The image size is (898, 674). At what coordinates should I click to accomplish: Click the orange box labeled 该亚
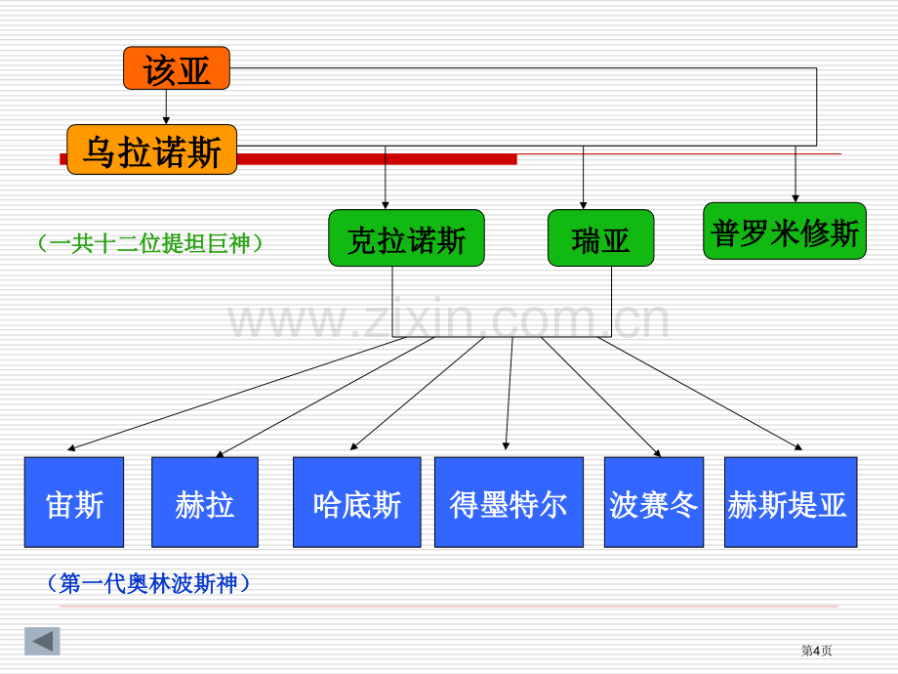pos(177,68)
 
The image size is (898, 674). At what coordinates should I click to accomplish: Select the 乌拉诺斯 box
pos(151,149)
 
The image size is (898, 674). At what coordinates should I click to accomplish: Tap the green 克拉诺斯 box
pos(407,237)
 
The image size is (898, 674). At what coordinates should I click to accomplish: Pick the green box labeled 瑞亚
pos(600,237)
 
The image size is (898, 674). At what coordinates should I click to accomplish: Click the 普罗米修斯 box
pos(785,231)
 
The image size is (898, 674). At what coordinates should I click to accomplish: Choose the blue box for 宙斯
pos(74,502)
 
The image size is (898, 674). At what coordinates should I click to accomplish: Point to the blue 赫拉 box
pos(205,502)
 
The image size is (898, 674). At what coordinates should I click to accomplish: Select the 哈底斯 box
pos(357,502)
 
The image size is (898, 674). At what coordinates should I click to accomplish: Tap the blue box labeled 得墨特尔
pos(510,502)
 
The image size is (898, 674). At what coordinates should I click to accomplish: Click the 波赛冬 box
pos(654,502)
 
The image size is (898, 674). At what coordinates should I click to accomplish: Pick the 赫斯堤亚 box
pos(791,502)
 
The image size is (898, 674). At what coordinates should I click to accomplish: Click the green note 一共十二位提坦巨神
pos(150,243)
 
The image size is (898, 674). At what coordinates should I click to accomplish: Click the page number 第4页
pos(816,650)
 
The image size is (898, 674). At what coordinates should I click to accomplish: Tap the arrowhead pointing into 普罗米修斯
pos(795,198)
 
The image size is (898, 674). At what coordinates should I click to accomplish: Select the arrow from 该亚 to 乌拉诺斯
pos(166,107)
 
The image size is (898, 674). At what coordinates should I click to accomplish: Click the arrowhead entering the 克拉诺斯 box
pos(386,205)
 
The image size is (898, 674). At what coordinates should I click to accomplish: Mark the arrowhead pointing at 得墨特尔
pos(506,445)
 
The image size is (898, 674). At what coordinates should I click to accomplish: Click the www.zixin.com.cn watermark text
pos(448,319)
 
